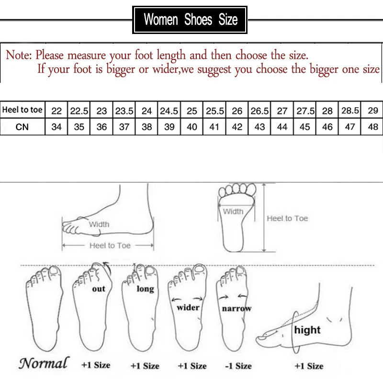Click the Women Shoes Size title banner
coord(191,20)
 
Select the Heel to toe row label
coord(23,110)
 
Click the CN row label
coord(23,127)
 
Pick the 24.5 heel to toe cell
coord(169,111)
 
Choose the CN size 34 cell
coord(56,127)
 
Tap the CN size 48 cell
coord(373,127)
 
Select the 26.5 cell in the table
coord(259,111)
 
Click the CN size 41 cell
coord(214,127)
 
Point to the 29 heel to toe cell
coord(373,111)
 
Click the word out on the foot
coord(99,289)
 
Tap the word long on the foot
coord(145,289)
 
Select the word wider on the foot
coord(188,307)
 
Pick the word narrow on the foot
coord(237,309)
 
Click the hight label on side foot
coord(307,330)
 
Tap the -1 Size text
coord(238,366)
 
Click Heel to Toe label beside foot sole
coord(287,218)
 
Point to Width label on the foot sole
coord(233,211)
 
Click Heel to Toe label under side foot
coord(110,245)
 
